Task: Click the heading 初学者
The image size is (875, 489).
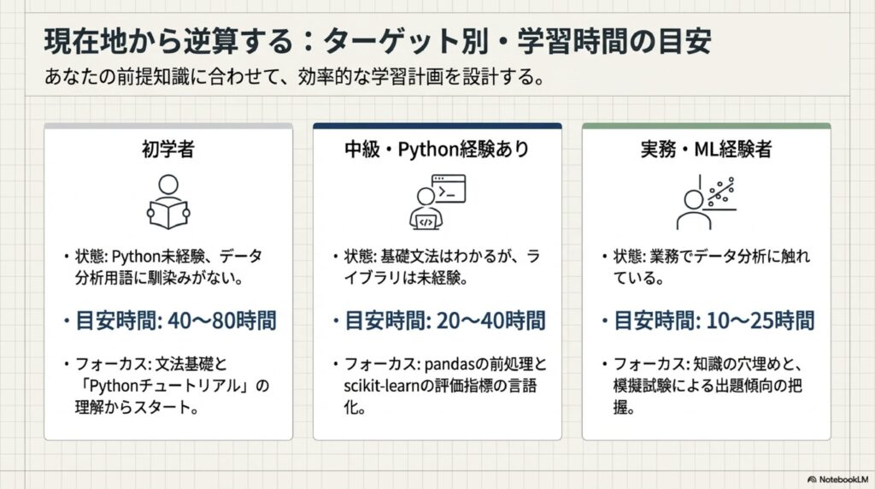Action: tap(168, 149)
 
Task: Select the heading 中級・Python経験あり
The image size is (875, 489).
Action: tap(437, 149)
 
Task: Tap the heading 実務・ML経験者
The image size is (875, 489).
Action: tap(706, 149)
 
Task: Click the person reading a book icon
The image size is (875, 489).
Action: tap(168, 202)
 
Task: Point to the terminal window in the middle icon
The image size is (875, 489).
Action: tap(449, 189)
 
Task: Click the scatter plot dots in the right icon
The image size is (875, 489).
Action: tap(721, 191)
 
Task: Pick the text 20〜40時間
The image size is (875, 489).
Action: tap(490, 321)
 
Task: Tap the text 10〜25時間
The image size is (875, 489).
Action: tap(760, 321)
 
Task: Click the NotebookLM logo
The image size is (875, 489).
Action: tap(837, 480)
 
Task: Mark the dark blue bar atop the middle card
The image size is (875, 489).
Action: tap(437, 127)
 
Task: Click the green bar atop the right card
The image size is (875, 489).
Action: tap(707, 127)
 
